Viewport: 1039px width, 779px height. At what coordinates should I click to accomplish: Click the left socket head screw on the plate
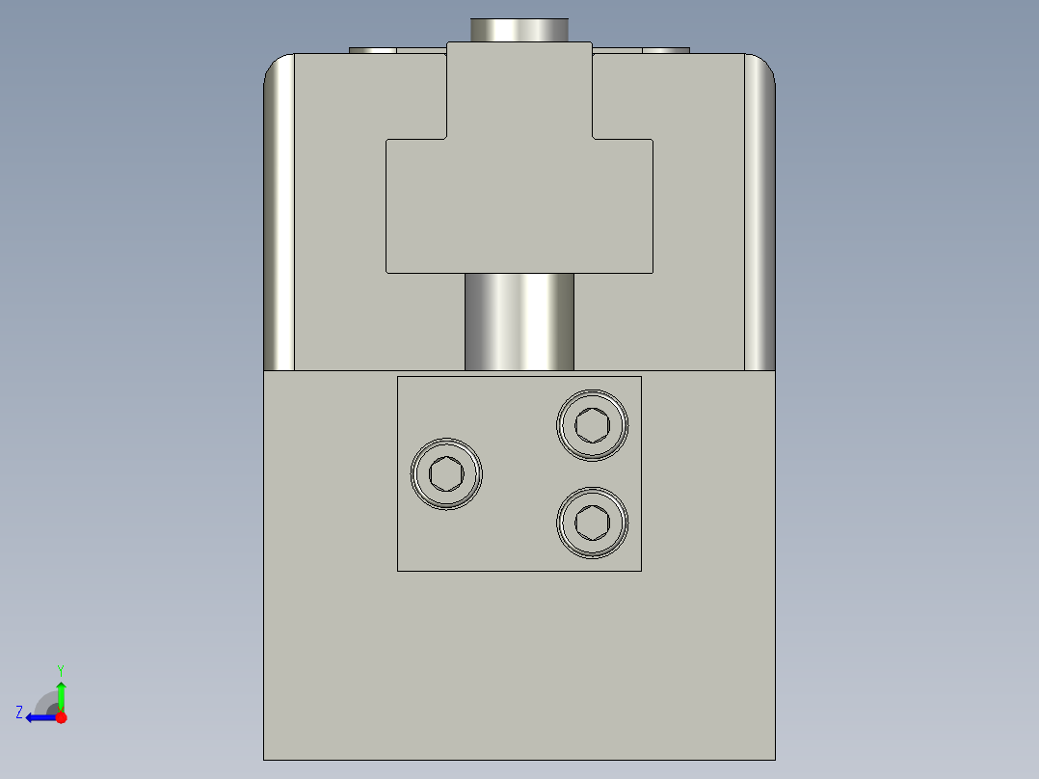point(446,473)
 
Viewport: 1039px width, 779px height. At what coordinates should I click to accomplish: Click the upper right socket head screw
point(592,424)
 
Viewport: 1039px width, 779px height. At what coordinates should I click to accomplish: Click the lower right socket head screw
point(592,523)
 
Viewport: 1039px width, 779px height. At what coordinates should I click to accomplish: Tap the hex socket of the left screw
point(446,473)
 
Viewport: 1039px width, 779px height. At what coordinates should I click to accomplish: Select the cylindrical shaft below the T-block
point(519,321)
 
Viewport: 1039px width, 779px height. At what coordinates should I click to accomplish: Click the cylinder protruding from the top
point(519,29)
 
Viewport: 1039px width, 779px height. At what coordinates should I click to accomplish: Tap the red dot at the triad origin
point(61,717)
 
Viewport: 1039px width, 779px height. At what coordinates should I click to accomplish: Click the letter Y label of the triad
point(61,669)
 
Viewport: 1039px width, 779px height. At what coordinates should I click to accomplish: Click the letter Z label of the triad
point(19,712)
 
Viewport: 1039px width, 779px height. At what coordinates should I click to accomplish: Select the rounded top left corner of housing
point(278,67)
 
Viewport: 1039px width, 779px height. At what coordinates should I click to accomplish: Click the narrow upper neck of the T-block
point(519,92)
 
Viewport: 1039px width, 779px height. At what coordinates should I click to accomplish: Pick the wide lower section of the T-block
point(519,207)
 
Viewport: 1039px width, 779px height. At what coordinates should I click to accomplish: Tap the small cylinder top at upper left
point(372,50)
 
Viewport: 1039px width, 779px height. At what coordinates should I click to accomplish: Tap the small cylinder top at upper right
point(666,50)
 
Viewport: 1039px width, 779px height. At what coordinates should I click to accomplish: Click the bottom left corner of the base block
point(266,757)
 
